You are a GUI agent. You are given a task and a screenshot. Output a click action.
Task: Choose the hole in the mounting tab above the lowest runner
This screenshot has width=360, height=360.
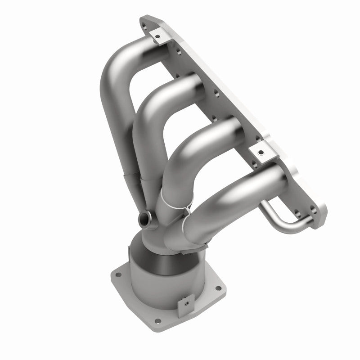pos(260,153)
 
